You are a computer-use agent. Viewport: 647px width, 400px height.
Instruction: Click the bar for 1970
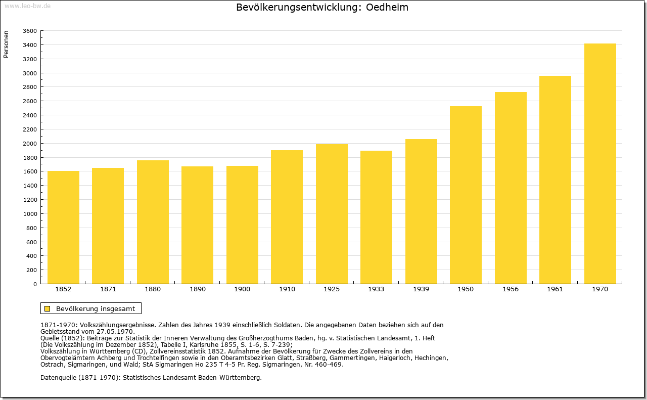tap(600, 163)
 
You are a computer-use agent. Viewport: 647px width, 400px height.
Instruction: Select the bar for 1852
tap(63, 228)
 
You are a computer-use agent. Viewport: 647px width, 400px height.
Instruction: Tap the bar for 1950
tap(466, 195)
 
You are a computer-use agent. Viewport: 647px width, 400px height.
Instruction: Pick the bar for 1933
tap(376, 217)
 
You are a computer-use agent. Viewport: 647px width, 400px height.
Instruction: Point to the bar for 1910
tap(287, 217)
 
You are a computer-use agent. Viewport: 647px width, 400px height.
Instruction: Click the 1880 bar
tap(153, 222)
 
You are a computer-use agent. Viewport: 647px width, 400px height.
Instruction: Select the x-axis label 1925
tap(332, 289)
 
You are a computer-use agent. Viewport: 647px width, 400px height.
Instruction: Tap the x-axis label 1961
tap(555, 289)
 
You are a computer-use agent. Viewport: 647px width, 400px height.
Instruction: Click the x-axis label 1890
tap(198, 289)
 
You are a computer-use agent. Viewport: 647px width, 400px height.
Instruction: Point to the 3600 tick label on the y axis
tap(30, 31)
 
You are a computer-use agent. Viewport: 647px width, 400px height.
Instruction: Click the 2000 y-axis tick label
tap(30, 144)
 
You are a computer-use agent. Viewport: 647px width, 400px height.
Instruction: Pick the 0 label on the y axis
tap(35, 284)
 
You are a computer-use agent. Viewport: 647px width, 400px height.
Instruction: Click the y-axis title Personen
tap(6, 44)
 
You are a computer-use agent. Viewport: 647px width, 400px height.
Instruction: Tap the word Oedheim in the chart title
tap(387, 7)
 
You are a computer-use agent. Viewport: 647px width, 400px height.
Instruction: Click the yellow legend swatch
tap(48, 308)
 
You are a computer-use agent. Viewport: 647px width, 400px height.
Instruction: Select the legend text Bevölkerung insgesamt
tap(96, 308)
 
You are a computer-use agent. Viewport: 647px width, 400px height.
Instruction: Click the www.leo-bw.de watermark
tap(27, 6)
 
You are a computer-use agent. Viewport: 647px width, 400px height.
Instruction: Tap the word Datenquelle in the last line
tap(59, 378)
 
